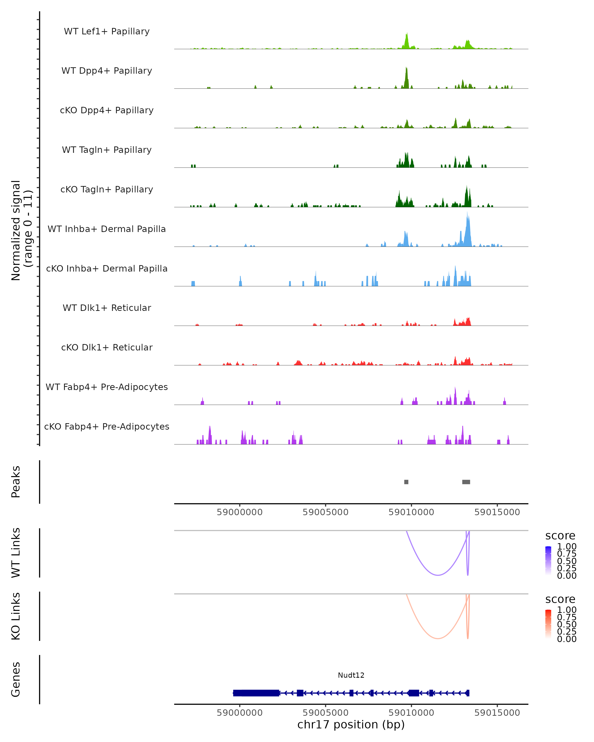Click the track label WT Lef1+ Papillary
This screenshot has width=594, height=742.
coord(107,31)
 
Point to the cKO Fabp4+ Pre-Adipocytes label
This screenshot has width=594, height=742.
coord(107,426)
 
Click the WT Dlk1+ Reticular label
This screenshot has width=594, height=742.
coord(107,308)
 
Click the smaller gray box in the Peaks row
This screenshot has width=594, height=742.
coord(406,482)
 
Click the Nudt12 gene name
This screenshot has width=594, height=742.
coord(351,675)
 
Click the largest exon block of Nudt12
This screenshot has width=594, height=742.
coord(256,693)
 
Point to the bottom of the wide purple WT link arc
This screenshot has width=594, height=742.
coord(438,575)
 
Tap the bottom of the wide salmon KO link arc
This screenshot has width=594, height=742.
coord(438,638)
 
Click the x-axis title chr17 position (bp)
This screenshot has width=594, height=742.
coord(351,724)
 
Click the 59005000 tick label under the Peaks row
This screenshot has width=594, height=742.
coord(325,512)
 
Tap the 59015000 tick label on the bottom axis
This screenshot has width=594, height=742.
coord(497,713)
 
